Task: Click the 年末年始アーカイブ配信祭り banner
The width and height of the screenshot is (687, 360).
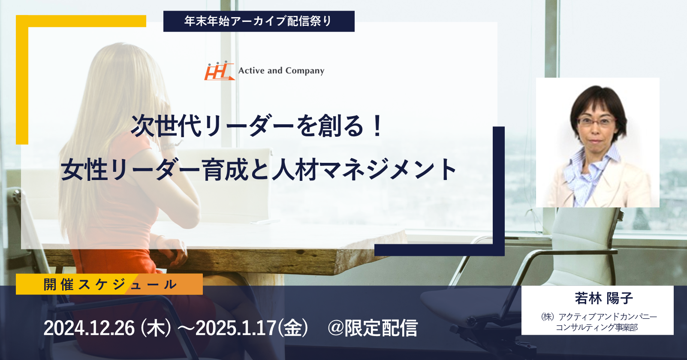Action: pos(259,21)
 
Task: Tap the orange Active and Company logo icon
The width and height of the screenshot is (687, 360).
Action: pos(219,71)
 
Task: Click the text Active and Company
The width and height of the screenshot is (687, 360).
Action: pos(281,71)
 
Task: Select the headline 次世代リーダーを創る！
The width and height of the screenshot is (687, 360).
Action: pos(257,126)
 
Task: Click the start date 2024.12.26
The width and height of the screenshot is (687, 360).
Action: pos(89,328)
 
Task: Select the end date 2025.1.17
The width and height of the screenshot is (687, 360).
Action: pos(235,328)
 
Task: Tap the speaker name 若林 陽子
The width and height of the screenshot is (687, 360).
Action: pos(603,298)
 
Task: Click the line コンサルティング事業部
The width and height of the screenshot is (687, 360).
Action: pos(597,327)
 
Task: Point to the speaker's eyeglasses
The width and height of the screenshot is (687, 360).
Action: pos(597,122)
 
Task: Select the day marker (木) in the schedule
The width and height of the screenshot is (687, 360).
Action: pos(155,328)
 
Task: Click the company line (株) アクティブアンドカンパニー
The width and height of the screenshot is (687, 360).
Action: pos(599,316)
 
